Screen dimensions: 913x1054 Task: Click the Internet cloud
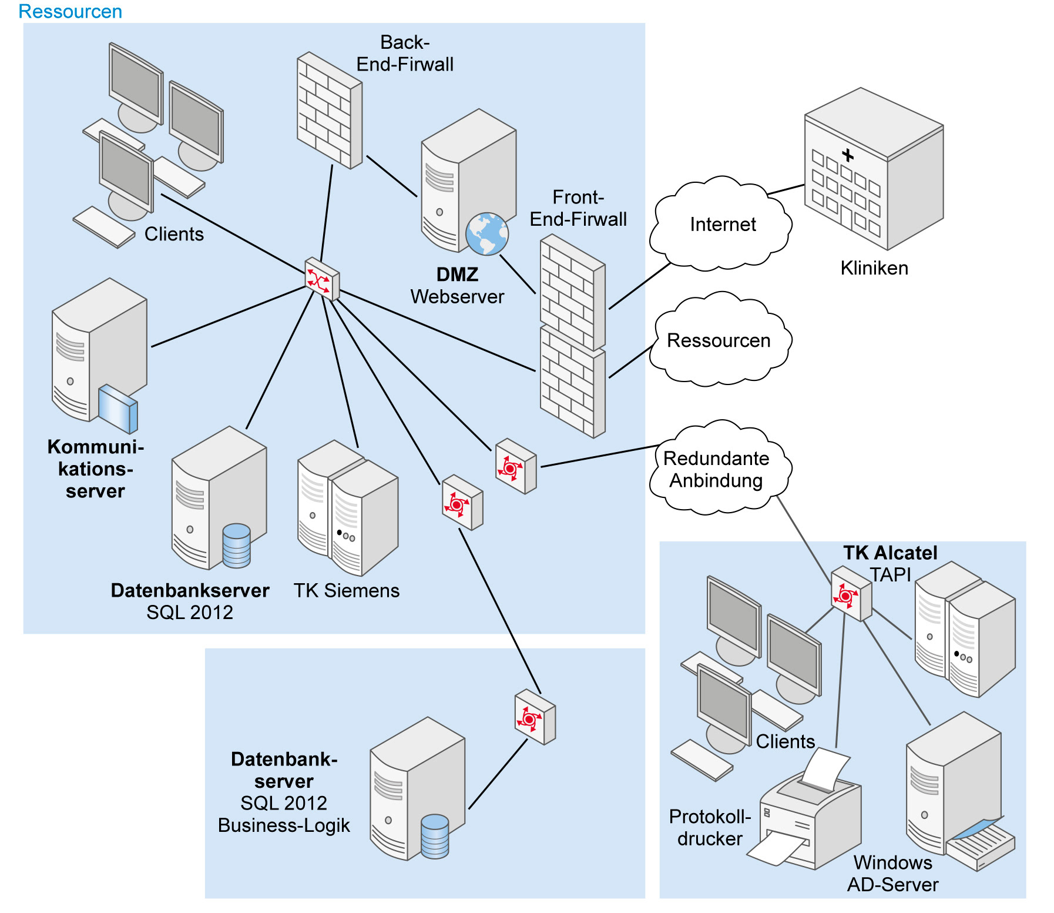(721, 225)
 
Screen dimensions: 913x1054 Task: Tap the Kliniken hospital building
(874, 170)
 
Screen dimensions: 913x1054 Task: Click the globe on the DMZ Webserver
(486, 234)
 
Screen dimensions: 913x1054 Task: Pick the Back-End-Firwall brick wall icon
(329, 110)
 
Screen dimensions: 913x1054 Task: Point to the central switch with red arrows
(322, 279)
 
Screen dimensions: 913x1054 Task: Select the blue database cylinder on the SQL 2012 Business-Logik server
(435, 836)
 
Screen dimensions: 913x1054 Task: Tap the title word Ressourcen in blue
(70, 11)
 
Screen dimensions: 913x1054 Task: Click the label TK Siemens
(346, 590)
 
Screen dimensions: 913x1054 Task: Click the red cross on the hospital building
(847, 155)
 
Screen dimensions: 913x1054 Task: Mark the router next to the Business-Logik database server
(535, 717)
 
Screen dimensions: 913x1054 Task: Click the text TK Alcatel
(889, 553)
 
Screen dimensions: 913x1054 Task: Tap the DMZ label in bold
(457, 275)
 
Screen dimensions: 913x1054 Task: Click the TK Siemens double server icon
(347, 507)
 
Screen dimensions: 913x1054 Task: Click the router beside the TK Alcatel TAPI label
(850, 594)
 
